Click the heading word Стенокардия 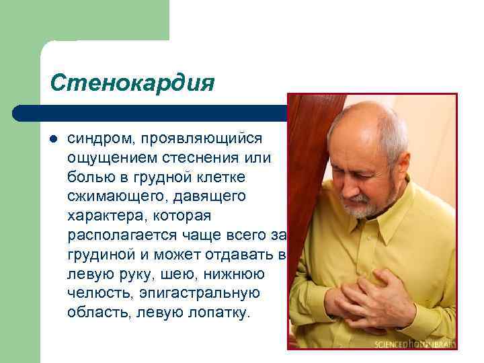[132, 83]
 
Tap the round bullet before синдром [54, 138]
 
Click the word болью [88, 177]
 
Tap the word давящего [208, 196]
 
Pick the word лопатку [214, 313]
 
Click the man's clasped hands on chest [366, 299]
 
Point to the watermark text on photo [415, 344]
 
